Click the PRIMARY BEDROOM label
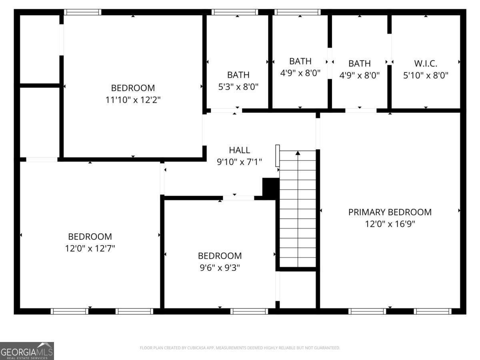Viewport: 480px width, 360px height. pos(390,212)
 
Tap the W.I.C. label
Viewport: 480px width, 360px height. pos(425,63)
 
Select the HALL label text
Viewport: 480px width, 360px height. pos(239,150)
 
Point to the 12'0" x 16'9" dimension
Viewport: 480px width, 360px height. pos(390,224)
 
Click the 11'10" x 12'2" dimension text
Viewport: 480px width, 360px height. pos(133,100)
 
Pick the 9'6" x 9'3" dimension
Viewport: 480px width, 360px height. pos(220,268)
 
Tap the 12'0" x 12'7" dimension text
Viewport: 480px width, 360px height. pos(90,248)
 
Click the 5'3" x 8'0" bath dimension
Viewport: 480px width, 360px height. pos(238,87)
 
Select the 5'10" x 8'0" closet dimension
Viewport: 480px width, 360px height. pos(425,75)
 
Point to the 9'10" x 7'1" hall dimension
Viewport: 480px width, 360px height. pos(239,162)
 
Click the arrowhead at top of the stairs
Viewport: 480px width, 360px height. pos(298,152)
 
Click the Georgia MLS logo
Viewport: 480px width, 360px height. pos(27,351)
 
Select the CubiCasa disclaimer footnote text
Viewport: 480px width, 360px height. pos(240,348)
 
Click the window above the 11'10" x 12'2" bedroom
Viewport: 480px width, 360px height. pos(83,12)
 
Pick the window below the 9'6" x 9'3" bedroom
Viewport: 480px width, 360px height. pos(249,311)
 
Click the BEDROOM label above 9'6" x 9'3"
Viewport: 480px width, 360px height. pos(220,256)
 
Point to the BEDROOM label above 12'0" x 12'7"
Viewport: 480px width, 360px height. pos(90,236)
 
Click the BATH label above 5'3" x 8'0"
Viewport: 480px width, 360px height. pos(238,75)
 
